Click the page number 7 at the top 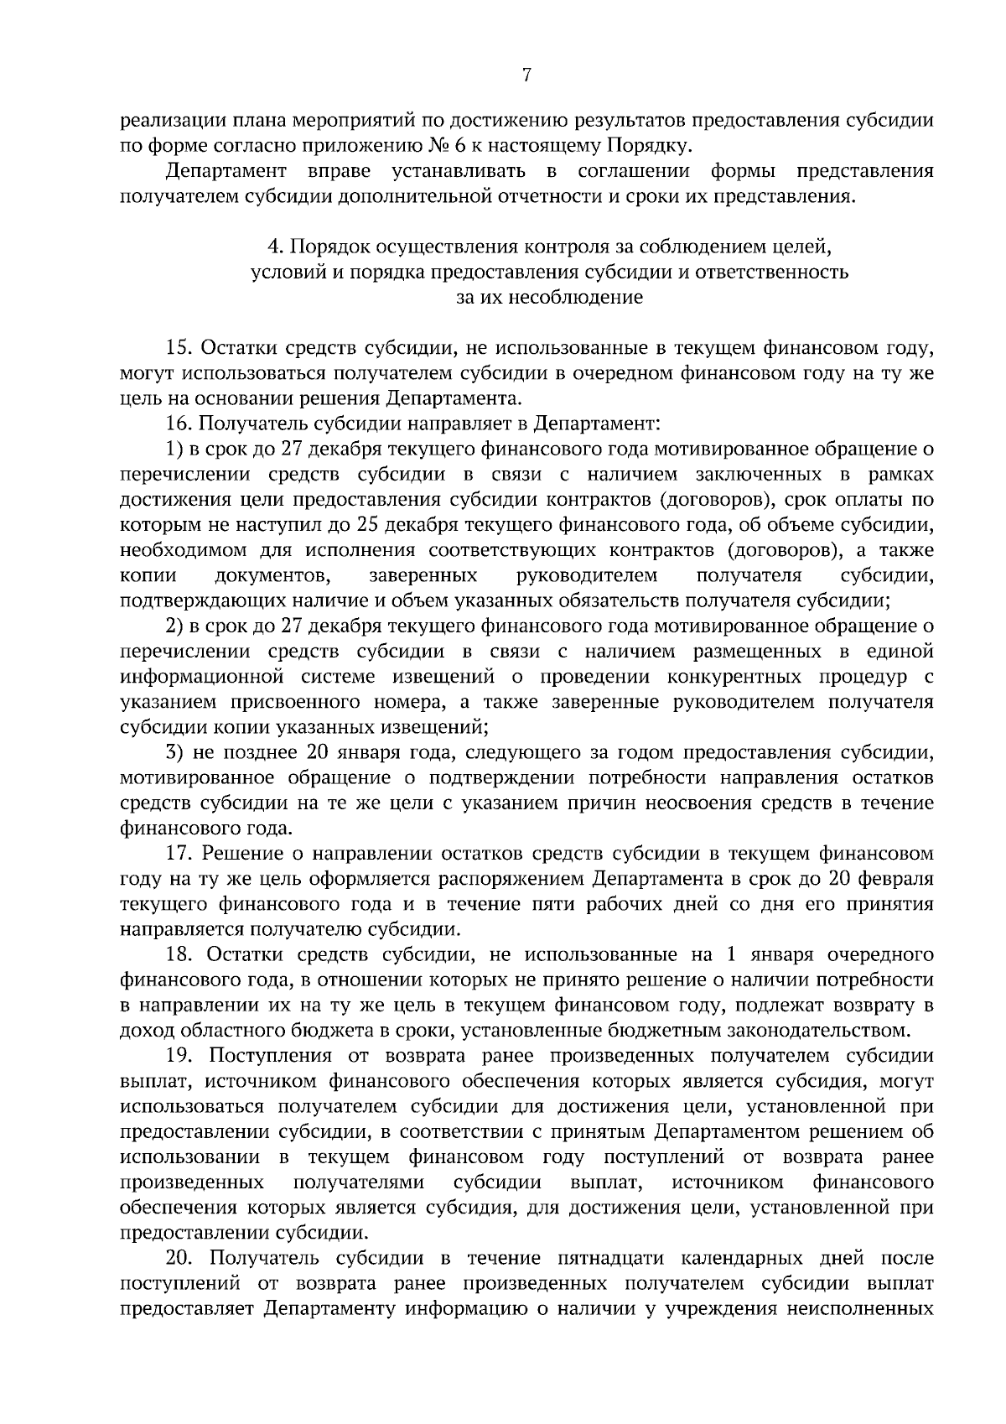(x=526, y=75)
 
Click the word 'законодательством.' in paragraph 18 (x=826, y=1030)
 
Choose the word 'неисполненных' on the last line (x=869, y=1308)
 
